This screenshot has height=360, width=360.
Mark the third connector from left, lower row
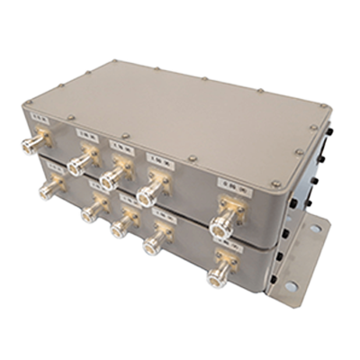(120, 225)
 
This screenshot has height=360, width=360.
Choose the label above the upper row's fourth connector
(159, 160)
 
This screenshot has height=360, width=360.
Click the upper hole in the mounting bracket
(315, 229)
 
